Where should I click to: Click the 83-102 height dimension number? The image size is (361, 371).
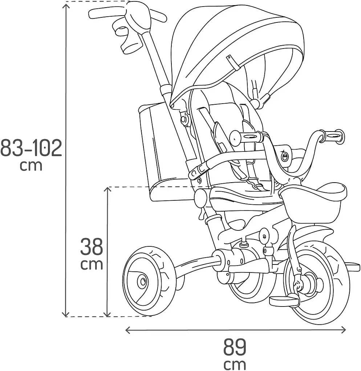(31, 148)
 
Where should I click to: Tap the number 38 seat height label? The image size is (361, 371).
(92, 247)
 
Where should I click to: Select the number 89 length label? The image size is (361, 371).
(235, 347)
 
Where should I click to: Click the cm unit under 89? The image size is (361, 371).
(235, 364)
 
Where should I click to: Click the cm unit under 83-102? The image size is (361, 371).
(31, 166)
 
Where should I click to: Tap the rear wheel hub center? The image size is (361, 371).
(143, 282)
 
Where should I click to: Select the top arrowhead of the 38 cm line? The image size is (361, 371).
(108, 189)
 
